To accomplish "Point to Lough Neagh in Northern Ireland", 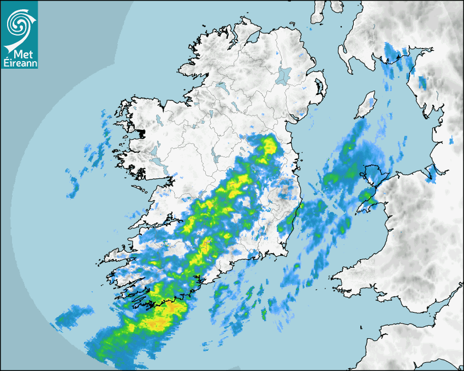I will click(x=284, y=75).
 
